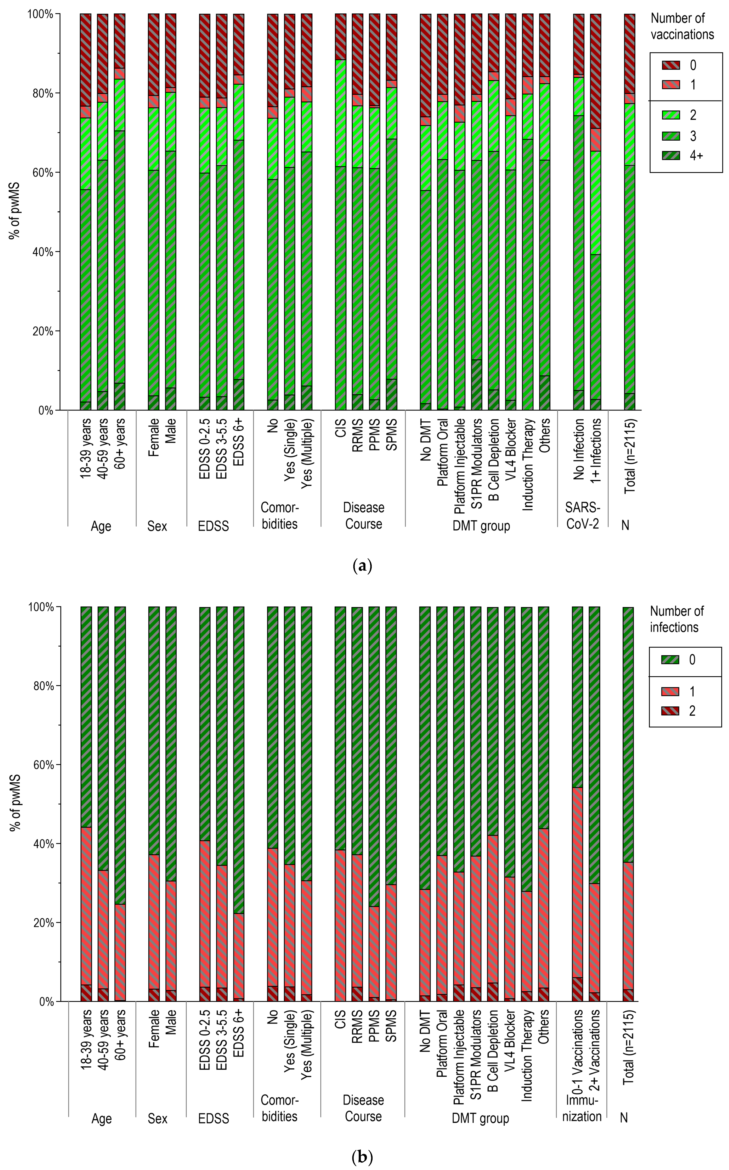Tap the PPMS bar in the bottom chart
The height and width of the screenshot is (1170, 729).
click(x=374, y=805)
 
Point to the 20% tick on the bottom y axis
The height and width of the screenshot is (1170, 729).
click(x=42, y=923)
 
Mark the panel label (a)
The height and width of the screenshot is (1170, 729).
click(x=363, y=565)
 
